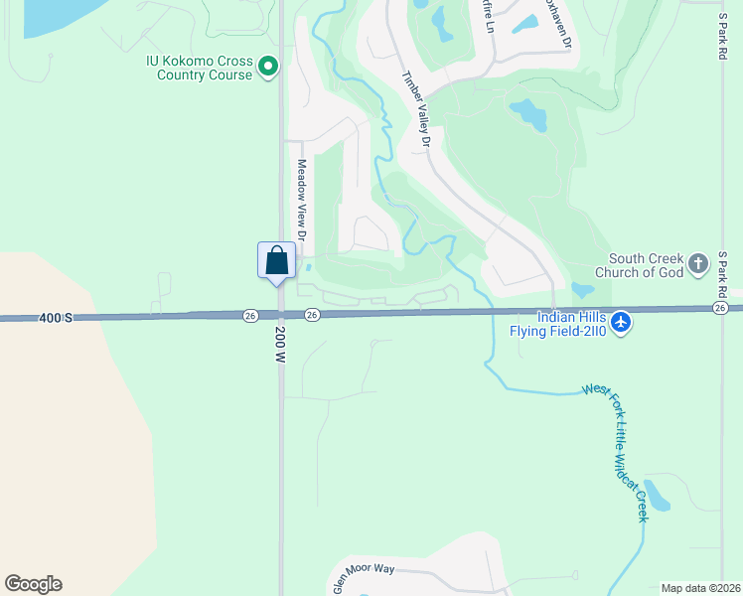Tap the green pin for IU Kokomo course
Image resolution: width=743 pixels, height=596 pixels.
[267, 67]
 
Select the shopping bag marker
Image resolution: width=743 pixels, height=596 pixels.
[277, 261]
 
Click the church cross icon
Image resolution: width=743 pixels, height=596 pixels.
[699, 264]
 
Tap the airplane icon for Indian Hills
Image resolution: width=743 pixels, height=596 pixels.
[622, 323]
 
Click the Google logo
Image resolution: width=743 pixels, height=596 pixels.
[33, 584]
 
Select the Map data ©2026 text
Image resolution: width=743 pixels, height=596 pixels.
[700, 588]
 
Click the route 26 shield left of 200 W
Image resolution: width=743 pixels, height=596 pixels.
[250, 315]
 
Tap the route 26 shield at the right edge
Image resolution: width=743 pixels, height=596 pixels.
[718, 308]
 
